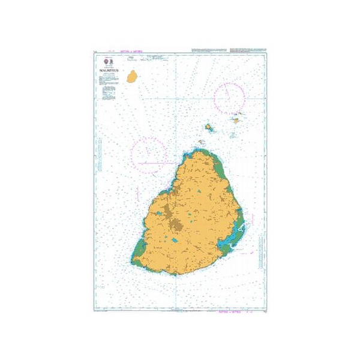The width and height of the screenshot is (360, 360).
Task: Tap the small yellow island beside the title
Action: pos(132,77)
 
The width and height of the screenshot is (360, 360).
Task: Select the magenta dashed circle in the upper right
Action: pos(229,97)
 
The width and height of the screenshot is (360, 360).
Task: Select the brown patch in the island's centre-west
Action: pos(176,226)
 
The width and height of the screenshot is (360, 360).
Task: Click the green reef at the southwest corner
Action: pos(139,249)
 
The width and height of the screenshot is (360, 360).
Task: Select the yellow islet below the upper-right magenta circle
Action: pos(236,121)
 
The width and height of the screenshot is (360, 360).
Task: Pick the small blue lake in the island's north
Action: pos(198,193)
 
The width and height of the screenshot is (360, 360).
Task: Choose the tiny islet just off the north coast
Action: pos(202,142)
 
